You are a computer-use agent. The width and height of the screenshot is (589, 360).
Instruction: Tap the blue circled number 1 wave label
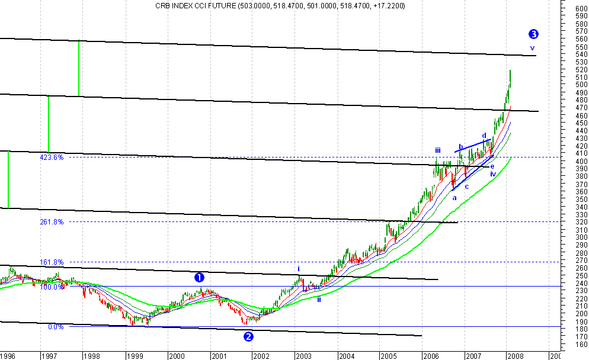(x=200, y=277)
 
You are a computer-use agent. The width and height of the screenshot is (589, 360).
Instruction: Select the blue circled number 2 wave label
(x=249, y=336)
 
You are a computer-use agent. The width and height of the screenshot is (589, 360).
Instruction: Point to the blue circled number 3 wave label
(x=533, y=34)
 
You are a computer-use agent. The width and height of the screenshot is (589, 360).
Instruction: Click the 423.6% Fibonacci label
(x=52, y=157)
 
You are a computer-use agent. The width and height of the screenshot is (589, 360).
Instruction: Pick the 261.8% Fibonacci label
(x=52, y=222)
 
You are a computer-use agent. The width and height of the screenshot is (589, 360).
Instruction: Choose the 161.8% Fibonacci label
(x=52, y=262)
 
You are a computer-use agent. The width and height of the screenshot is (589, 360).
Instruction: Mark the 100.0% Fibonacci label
(x=52, y=287)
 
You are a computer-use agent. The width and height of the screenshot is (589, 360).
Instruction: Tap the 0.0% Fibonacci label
(x=55, y=326)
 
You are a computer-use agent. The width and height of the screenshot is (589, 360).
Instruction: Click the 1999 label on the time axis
(x=134, y=356)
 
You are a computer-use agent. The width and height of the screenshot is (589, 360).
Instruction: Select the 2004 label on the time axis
(x=346, y=356)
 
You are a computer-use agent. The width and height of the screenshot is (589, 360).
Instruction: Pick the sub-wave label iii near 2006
(x=437, y=150)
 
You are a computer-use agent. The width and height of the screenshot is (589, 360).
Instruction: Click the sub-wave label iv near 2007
(x=492, y=174)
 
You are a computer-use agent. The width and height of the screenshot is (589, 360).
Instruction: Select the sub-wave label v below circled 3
(x=532, y=48)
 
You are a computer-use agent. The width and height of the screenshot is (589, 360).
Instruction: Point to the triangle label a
(x=454, y=198)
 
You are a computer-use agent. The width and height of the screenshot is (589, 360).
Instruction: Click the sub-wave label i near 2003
(x=299, y=269)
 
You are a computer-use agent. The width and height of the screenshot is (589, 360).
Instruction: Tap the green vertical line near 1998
(x=79, y=68)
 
